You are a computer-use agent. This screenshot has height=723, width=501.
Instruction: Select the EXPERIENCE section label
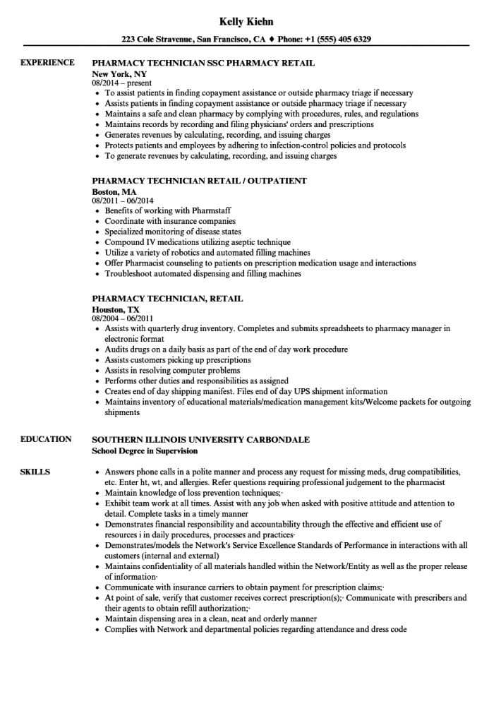click(x=47, y=63)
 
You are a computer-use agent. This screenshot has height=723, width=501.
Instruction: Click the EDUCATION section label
click(x=46, y=439)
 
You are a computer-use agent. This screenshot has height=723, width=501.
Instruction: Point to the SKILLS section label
click(x=35, y=471)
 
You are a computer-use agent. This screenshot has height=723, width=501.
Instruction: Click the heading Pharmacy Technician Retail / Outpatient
click(x=199, y=181)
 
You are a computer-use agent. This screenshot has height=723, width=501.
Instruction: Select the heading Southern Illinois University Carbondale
click(x=201, y=439)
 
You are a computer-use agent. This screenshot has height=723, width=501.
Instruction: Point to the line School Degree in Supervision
click(x=145, y=450)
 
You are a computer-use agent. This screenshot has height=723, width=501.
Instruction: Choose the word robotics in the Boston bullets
click(x=181, y=252)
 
